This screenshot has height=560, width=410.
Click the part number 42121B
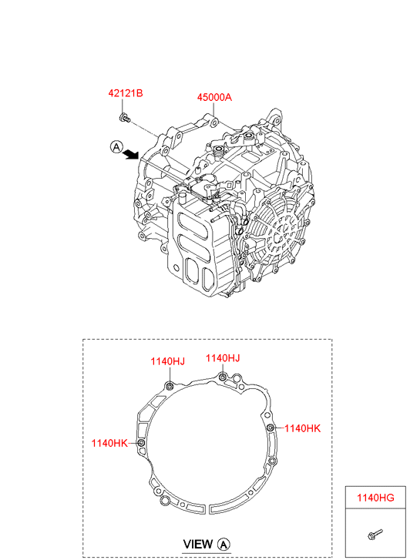coord(126,93)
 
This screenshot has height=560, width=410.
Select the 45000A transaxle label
coord(214,97)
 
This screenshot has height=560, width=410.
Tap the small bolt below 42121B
coord(124,117)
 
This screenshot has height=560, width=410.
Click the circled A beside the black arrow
coord(116,146)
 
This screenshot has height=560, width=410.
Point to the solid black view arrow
coord(131,154)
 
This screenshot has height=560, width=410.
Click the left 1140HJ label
coord(168,361)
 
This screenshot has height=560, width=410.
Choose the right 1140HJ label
coord(223,358)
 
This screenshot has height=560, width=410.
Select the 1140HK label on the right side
coord(303,428)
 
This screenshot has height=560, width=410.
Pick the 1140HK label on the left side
coord(109,443)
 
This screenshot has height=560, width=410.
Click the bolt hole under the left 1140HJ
coord(170,386)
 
